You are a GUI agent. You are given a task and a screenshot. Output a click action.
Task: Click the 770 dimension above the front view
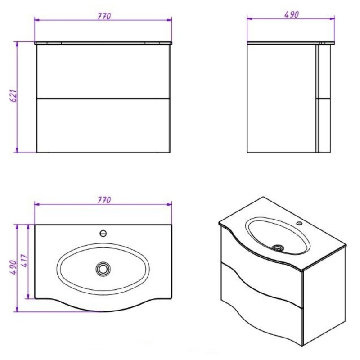pos(104,16)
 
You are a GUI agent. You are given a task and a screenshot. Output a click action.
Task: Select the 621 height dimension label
pos(13,96)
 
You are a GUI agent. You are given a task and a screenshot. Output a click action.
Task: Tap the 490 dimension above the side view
pos(292,14)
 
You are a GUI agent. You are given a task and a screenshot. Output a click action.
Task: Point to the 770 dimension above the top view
pos(104,200)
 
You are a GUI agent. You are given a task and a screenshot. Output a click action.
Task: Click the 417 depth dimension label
pos(25,260)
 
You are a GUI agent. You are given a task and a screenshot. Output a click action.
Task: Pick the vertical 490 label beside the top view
pos(13,268)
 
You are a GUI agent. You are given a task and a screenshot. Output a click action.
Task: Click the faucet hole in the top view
pos(103,234)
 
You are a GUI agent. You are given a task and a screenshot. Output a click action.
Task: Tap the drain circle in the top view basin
pos(103,269)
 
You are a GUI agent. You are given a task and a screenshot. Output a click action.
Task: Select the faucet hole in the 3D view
pos(299,223)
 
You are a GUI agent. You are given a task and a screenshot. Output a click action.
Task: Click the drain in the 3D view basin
pos(278,248)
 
